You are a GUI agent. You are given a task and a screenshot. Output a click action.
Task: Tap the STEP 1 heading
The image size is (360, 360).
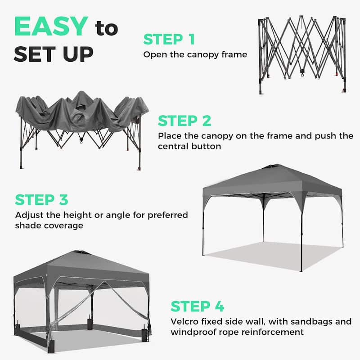tap(169, 39)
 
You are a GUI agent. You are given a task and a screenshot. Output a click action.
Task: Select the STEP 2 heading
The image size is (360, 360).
tap(184, 121)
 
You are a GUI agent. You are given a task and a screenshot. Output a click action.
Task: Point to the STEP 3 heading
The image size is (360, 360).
tap(41, 199)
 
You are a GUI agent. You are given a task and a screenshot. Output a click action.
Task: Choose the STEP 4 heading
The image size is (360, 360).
tap(197, 306)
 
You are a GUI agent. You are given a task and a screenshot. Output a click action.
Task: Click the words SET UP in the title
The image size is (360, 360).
tap(53, 54)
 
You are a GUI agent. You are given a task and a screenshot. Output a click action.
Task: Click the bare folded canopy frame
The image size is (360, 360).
tap(302, 54)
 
